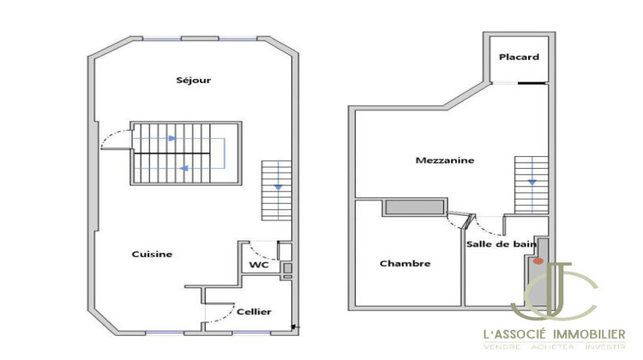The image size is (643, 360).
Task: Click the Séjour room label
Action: (193, 81)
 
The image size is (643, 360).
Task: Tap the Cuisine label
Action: (152, 255)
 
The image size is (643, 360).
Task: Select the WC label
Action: (258, 266)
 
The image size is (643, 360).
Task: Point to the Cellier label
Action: (254, 311)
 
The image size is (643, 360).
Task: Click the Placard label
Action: (520, 57)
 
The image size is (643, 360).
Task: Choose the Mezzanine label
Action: (445, 160)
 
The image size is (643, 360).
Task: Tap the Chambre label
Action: (405, 263)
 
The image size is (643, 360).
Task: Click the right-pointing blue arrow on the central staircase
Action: (172, 137)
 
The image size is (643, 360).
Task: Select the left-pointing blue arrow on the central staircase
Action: (183, 169)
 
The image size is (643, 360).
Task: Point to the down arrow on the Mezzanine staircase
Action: (532, 182)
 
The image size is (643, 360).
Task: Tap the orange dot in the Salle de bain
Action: (538, 259)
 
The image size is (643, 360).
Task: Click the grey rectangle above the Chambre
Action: (414, 207)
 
